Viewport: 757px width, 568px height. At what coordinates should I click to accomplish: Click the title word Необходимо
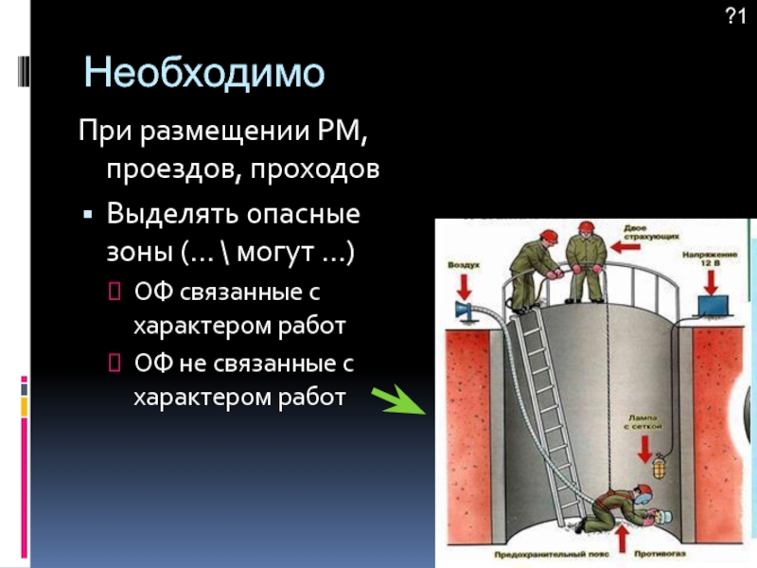[x=203, y=73]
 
